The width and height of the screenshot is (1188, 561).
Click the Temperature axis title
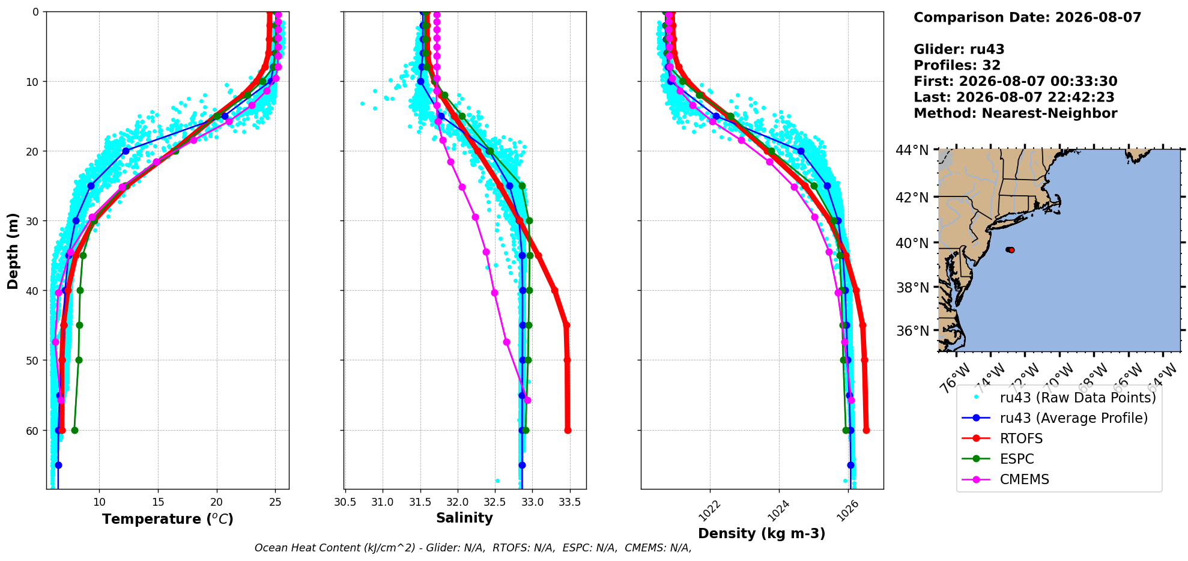(168, 519)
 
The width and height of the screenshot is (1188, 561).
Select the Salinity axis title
(464, 518)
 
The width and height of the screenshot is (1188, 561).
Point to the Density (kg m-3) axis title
(762, 533)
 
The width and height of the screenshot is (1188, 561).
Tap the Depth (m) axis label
(13, 250)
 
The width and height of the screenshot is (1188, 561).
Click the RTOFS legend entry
(1021, 438)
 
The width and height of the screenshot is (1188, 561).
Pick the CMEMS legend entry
(1024, 479)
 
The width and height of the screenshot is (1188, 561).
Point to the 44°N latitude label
(912, 150)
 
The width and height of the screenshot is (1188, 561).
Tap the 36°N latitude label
(912, 331)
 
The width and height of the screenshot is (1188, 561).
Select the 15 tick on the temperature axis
(158, 502)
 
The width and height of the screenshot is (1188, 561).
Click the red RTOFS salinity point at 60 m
(568, 430)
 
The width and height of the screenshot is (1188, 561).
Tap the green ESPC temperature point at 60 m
(74, 430)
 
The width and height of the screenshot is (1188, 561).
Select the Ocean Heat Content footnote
(473, 548)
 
